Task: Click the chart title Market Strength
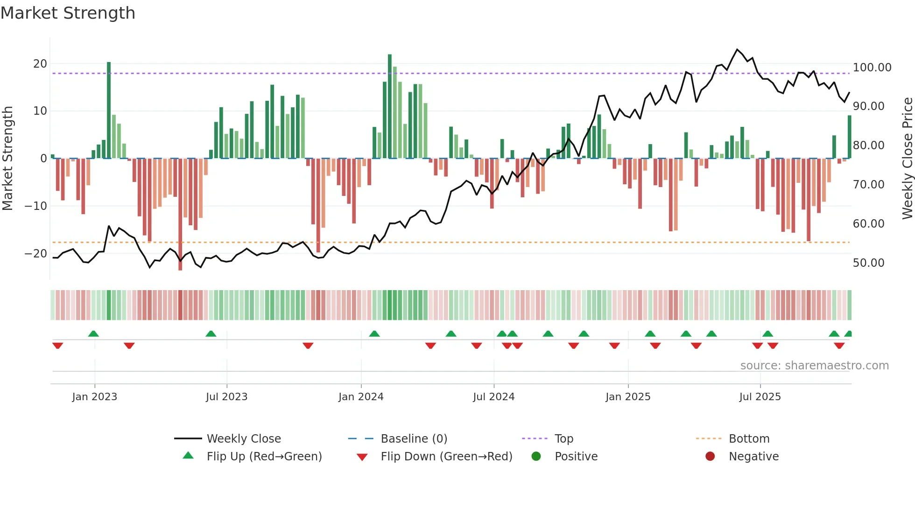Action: click(x=68, y=13)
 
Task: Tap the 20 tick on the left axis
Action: click(x=40, y=64)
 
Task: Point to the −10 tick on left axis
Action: click(x=36, y=206)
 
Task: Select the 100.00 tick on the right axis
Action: click(x=872, y=68)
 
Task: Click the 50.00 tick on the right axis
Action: click(x=868, y=263)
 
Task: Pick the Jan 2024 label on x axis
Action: click(x=361, y=397)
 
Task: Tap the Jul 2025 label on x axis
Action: click(x=760, y=397)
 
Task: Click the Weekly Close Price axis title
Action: click(x=907, y=158)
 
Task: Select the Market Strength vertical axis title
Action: click(x=7, y=158)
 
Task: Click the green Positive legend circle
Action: click(x=536, y=457)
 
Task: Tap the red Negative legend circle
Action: click(x=710, y=457)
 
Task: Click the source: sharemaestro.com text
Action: click(x=814, y=366)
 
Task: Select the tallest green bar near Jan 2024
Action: click(x=390, y=106)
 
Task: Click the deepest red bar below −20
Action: click(x=180, y=215)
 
